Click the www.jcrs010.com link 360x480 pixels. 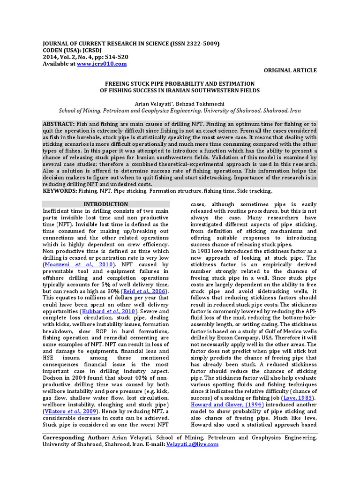[102, 63]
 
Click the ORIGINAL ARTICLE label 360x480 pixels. [290, 70]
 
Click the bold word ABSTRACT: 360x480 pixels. [59, 123]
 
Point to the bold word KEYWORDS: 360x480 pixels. [59, 191]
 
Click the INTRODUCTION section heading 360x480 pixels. [105, 204]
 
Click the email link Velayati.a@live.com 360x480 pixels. [192, 444]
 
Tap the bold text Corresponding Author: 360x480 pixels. [70, 438]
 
